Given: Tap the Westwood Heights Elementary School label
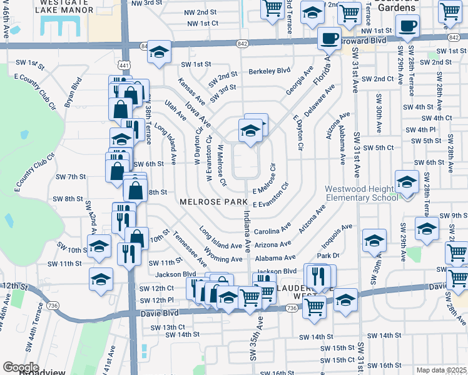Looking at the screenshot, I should pyautogui.click(x=361, y=194).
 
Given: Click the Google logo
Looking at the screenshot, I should pyautogui.click(x=21, y=367).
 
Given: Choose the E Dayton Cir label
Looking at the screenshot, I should pyautogui.click(x=298, y=129).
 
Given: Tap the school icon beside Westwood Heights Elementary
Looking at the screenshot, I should pyautogui.click(x=407, y=182).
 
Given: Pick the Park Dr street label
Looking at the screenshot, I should pyautogui.click(x=327, y=256).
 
